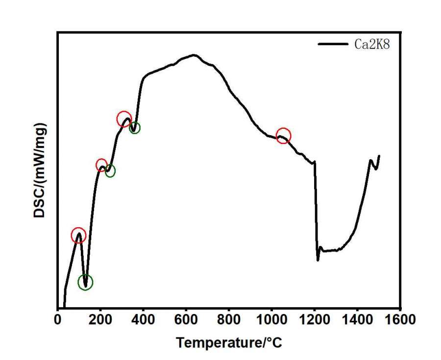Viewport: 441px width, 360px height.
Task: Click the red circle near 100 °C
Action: pyautogui.click(x=78, y=236)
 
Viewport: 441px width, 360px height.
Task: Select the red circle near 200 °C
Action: pyautogui.click(x=101, y=165)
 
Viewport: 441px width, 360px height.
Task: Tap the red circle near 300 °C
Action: pyautogui.click(x=124, y=119)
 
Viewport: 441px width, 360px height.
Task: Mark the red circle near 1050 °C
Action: pyautogui.click(x=283, y=136)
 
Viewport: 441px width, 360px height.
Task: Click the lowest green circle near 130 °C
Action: pyautogui.click(x=85, y=282)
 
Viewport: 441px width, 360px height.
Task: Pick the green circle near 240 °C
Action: pyautogui.click(x=110, y=171)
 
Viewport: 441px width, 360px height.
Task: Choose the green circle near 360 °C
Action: pyautogui.click(x=134, y=128)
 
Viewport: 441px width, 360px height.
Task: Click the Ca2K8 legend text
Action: pyautogui.click(x=372, y=44)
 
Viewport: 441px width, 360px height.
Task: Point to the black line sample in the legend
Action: pyautogui.click(x=333, y=44)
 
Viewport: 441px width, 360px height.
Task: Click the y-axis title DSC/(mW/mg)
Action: pyautogui.click(x=40, y=170)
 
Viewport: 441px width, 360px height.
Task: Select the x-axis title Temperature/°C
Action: pyautogui.click(x=229, y=342)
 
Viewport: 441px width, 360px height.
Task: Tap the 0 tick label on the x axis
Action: pyautogui.click(x=58, y=320)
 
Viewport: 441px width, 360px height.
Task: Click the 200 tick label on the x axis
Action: pyautogui.click(x=100, y=320)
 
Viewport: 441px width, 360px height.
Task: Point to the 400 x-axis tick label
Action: pyautogui.click(x=144, y=320)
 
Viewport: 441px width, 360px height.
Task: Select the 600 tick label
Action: pyautogui.click(x=186, y=320)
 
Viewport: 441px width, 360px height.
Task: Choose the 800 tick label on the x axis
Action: pyautogui.click(x=229, y=320)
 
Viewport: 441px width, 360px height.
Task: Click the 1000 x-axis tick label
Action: pyautogui.click(x=271, y=320)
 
